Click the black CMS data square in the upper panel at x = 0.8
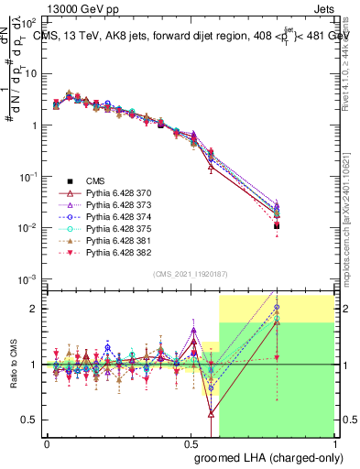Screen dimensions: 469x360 [x=277, y=225]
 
